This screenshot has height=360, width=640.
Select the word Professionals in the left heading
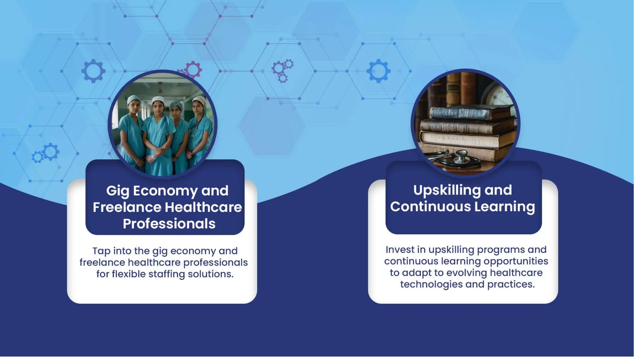(169, 224)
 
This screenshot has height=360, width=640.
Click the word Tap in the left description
(101, 251)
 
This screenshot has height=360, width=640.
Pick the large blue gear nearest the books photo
(378, 71)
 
